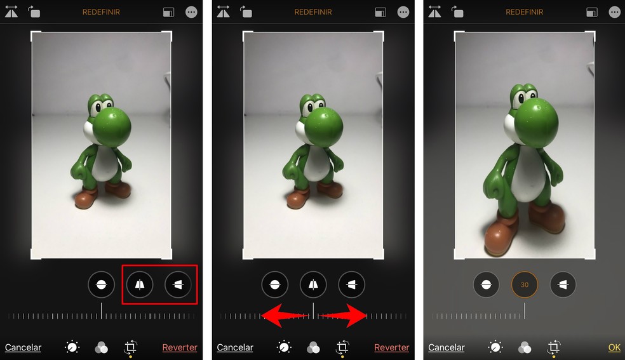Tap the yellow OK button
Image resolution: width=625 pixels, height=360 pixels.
coord(614,347)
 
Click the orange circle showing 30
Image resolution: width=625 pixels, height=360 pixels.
coord(525,285)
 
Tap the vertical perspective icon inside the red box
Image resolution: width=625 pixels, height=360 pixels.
coord(139,285)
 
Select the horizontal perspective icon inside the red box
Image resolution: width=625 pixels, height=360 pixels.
coord(178,285)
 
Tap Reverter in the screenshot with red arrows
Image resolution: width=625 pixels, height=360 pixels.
coord(391,347)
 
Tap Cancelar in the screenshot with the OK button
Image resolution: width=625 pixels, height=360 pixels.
coord(446,347)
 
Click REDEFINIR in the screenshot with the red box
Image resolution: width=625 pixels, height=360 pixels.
coord(101,12)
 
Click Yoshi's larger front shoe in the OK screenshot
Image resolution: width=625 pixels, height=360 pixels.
coord(501,236)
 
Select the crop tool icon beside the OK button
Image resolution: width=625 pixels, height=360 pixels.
coord(554,347)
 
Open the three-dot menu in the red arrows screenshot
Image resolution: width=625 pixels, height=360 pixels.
coord(403,12)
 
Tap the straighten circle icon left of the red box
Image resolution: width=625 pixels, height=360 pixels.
coord(101,285)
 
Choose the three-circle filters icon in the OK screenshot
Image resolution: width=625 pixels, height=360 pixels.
coord(525,347)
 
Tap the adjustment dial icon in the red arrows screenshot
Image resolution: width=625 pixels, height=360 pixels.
coord(284,347)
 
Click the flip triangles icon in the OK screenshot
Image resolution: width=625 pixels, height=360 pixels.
coord(435,11)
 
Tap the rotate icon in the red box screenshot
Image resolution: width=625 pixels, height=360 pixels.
coord(33,11)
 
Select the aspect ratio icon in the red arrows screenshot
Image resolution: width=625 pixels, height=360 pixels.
coord(380,12)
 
